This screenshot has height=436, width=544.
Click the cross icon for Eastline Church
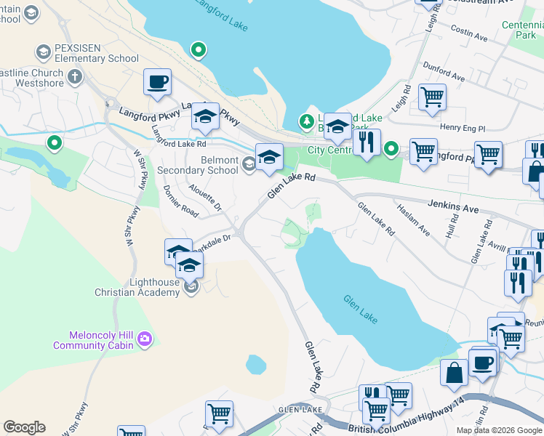tap(75, 76)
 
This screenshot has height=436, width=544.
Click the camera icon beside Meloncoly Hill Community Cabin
tap(145, 339)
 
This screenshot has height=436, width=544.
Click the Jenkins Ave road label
tap(453, 208)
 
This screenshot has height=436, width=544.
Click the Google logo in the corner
tap(24, 427)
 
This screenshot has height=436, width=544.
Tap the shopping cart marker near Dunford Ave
tap(432, 96)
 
